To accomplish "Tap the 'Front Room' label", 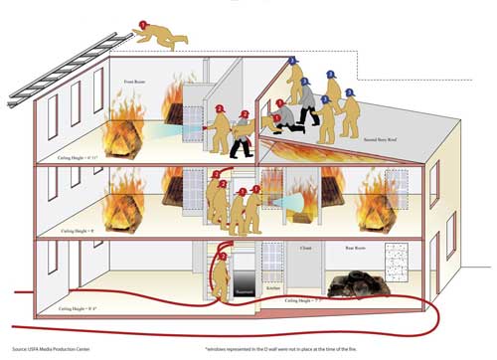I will pos(136,81).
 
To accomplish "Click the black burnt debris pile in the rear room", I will pos(358,282).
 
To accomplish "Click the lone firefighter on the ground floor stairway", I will pos(223,270).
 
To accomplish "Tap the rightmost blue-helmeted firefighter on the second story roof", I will pos(346,108).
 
